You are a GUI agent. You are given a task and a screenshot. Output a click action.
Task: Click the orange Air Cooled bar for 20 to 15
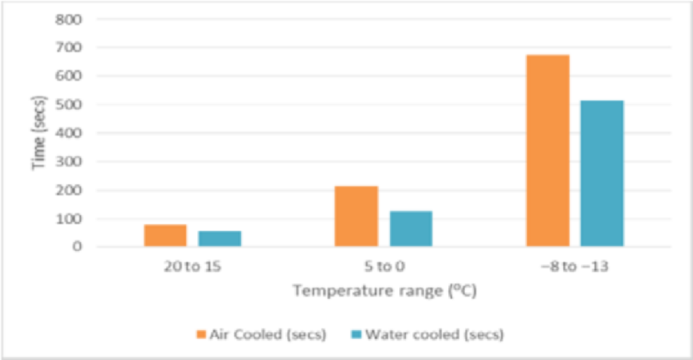pyautogui.click(x=165, y=235)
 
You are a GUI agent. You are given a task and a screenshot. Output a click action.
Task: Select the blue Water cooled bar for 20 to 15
pyautogui.click(x=220, y=238)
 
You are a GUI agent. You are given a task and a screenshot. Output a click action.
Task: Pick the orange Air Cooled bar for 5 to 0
pyautogui.click(x=356, y=216)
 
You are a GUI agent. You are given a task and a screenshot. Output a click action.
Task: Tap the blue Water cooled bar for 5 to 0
pyautogui.click(x=411, y=229)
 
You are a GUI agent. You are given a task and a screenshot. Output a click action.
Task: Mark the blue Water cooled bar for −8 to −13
pyautogui.click(x=602, y=173)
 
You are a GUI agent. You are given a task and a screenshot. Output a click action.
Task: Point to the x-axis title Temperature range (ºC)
pyautogui.click(x=384, y=291)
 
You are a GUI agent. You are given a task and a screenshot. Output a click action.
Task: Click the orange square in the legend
pyautogui.click(x=201, y=335)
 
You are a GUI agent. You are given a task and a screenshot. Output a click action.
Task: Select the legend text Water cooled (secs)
pyautogui.click(x=434, y=335)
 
